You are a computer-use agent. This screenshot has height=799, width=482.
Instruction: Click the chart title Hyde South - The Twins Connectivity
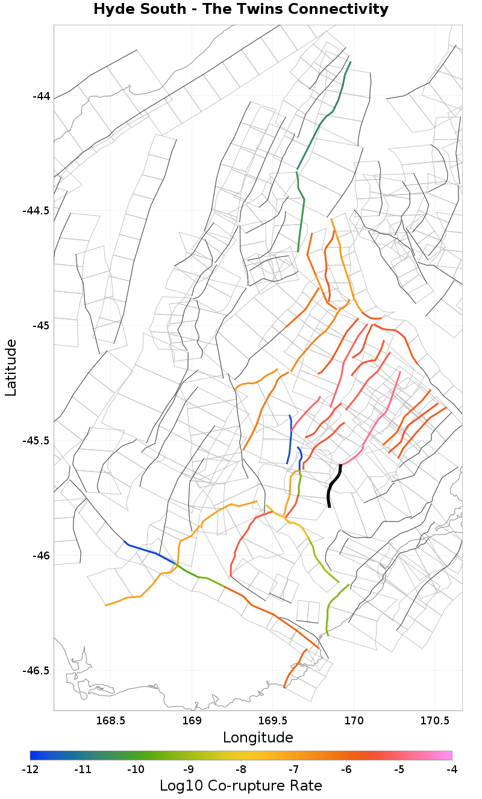click(x=241, y=10)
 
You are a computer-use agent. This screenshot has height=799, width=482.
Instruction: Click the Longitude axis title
click(x=258, y=738)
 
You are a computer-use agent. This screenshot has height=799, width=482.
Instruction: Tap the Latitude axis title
click(x=11, y=367)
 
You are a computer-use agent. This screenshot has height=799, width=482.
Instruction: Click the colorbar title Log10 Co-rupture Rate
click(x=241, y=786)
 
